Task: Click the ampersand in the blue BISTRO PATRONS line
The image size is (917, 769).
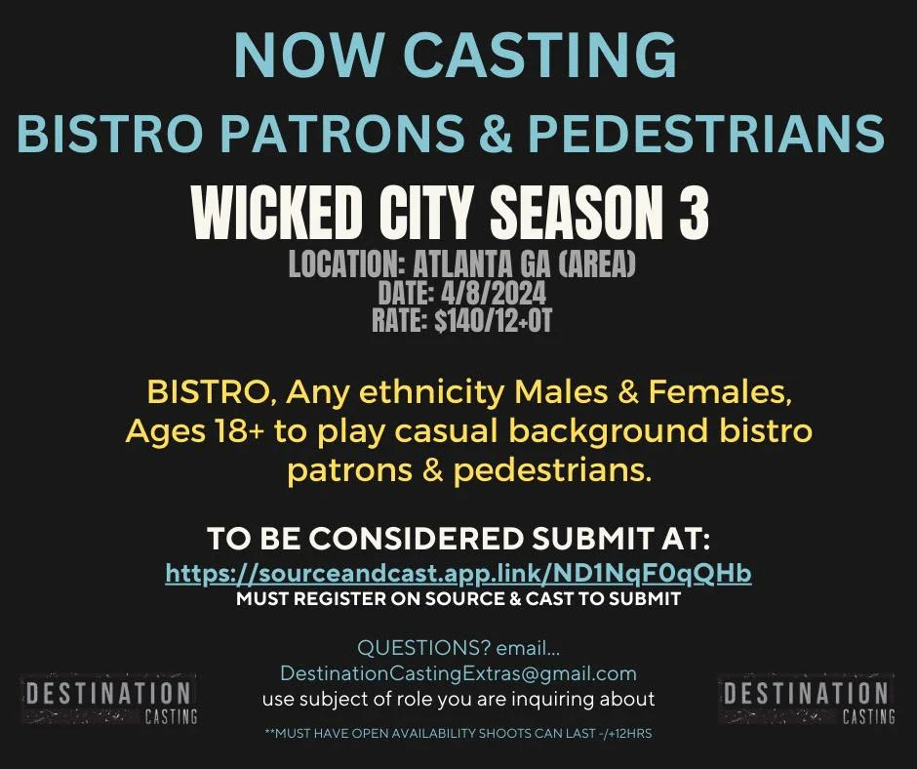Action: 495,132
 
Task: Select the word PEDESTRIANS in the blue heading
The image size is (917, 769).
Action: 706,132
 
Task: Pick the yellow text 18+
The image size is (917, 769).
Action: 238,431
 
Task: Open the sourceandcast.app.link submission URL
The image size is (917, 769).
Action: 458,573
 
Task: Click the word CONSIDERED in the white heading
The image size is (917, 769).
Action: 416,538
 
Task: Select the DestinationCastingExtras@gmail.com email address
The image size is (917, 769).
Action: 458,673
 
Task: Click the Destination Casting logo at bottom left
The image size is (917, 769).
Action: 109,700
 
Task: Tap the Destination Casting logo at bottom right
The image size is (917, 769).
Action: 807,700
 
